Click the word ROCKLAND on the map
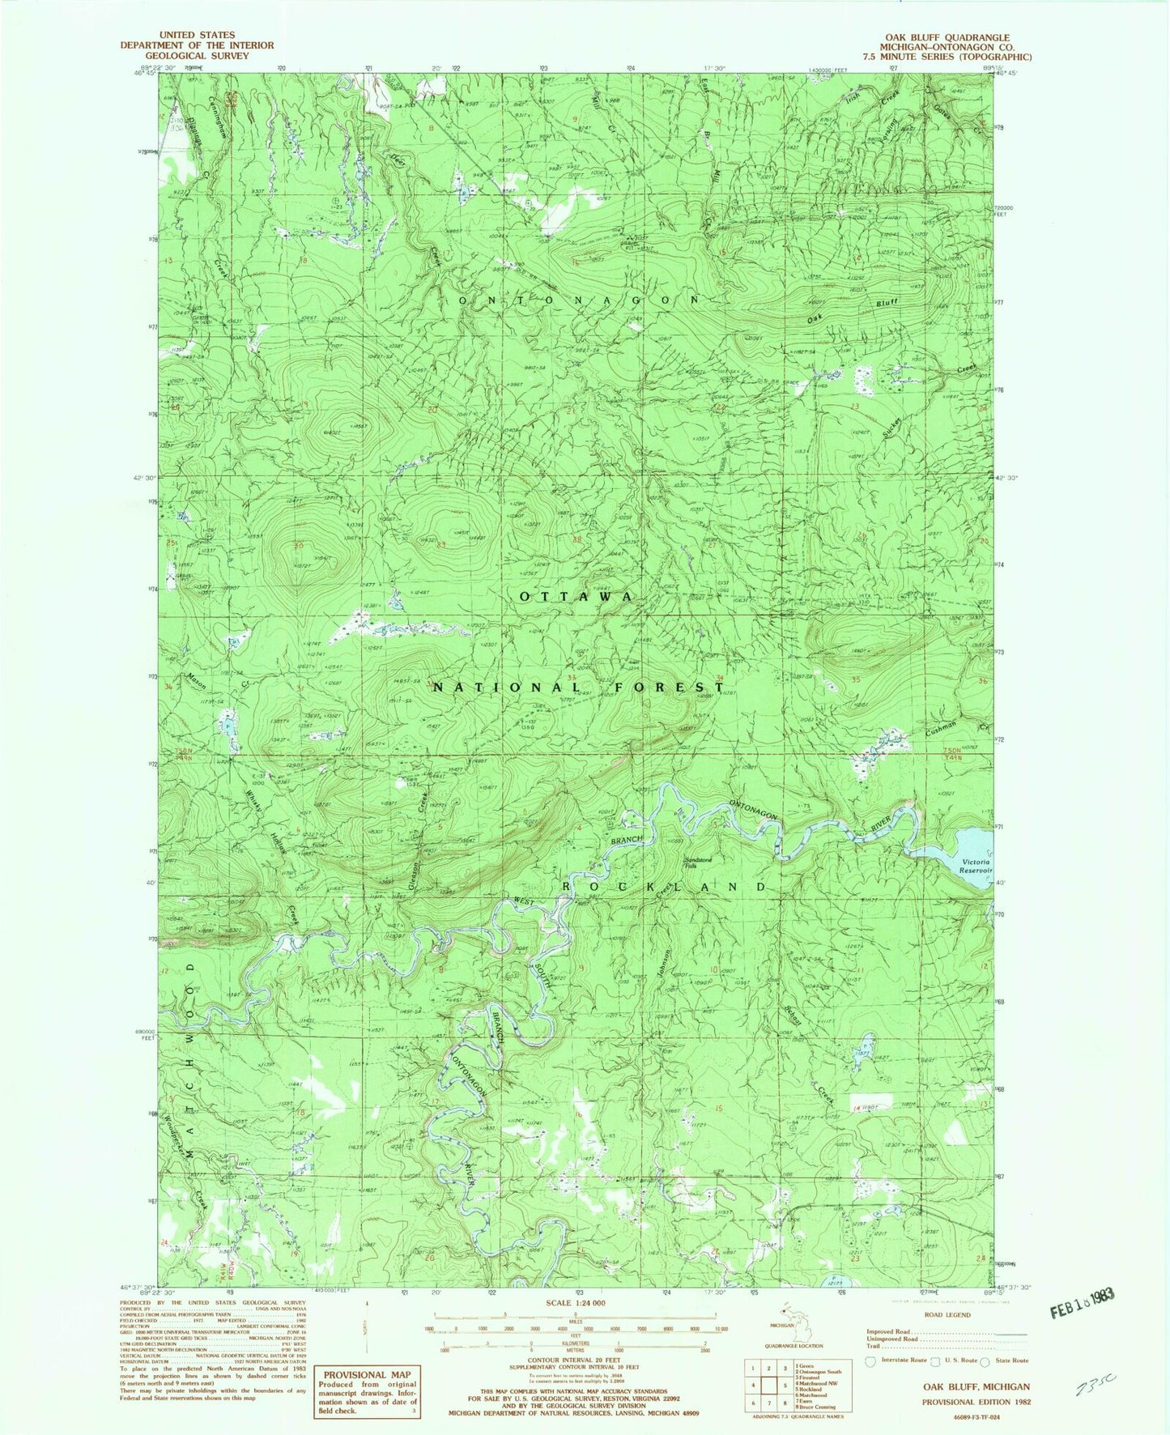click(x=664, y=888)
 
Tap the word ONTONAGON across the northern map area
click(x=579, y=299)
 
